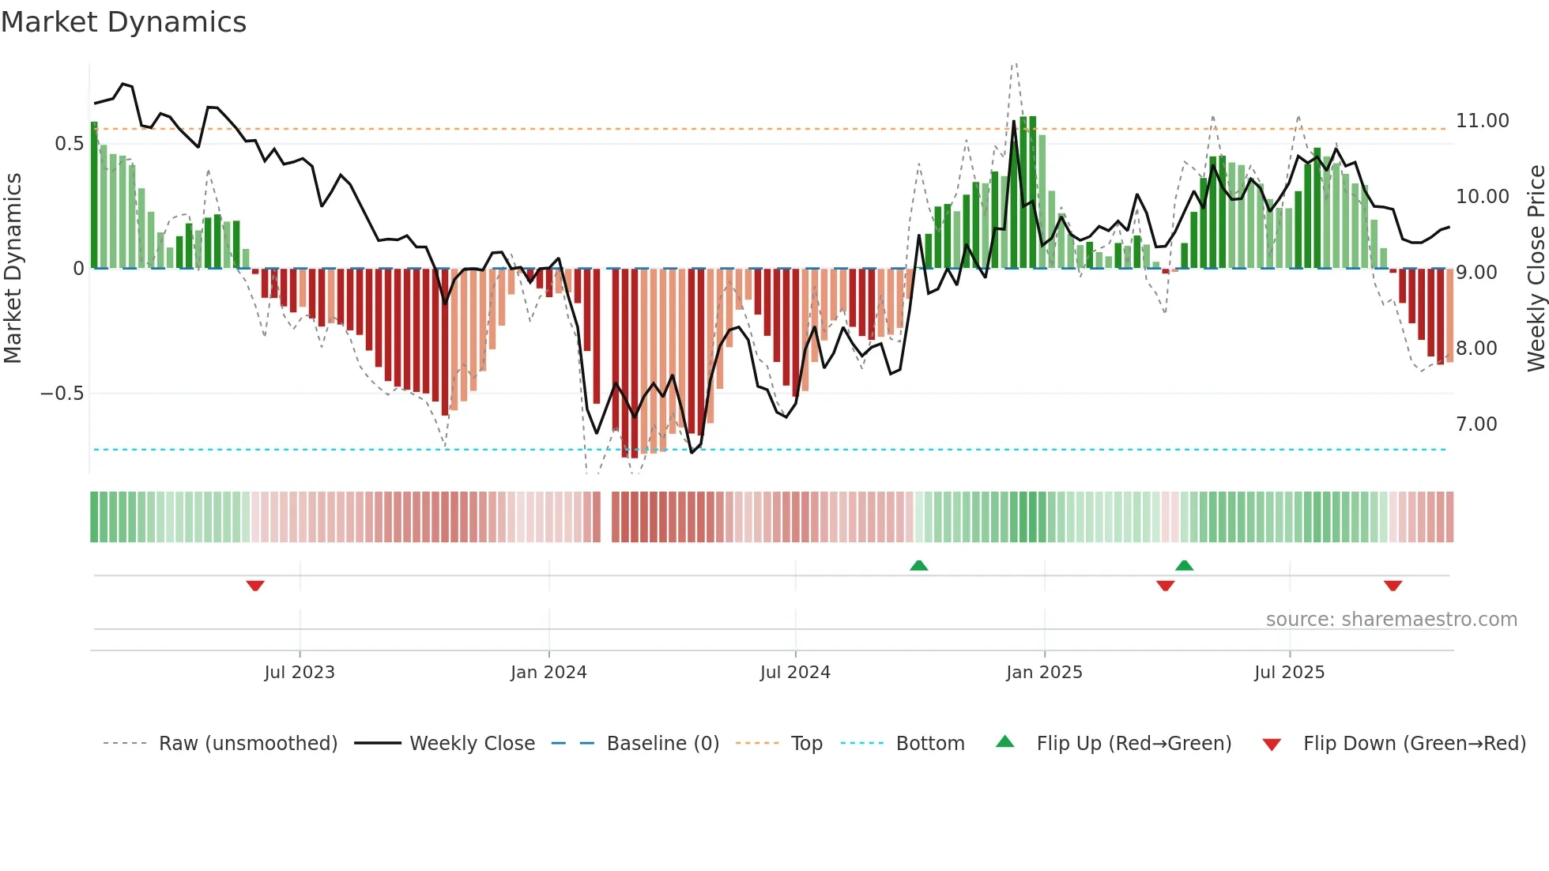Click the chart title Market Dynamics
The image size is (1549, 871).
tap(123, 22)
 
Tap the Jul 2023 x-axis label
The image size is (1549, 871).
tap(300, 673)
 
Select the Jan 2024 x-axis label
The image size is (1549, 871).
tap(548, 673)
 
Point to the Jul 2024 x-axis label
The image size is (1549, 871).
tap(795, 673)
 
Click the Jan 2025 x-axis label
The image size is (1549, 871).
tap(1044, 673)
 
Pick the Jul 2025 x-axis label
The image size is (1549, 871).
tap(1289, 673)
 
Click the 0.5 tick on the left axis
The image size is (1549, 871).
tap(69, 144)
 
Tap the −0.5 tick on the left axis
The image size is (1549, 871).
tap(62, 394)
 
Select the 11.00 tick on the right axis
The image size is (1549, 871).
tap(1483, 121)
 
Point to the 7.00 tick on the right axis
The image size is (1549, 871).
tap(1476, 424)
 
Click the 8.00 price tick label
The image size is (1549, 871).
tap(1476, 349)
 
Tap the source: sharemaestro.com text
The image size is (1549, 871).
tap(1391, 620)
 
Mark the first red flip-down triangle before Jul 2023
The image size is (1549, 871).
tap(254, 586)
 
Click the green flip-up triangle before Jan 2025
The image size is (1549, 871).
tap(918, 565)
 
